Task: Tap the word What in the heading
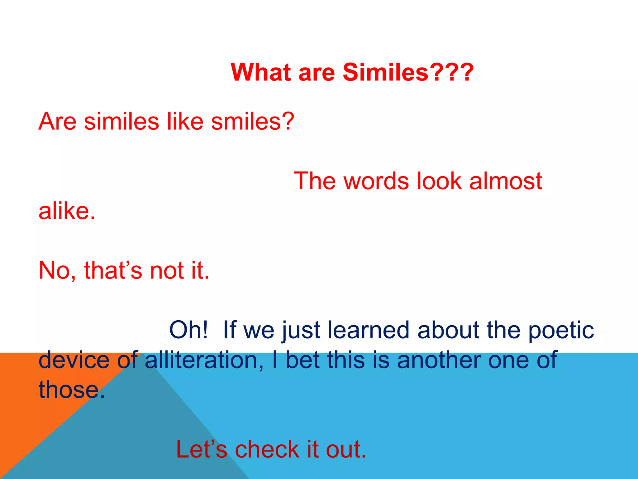pos(261,72)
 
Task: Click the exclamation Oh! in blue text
pos(188,330)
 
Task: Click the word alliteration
pos(201,360)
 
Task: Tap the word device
pos(74,360)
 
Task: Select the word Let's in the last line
pos(201,449)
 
